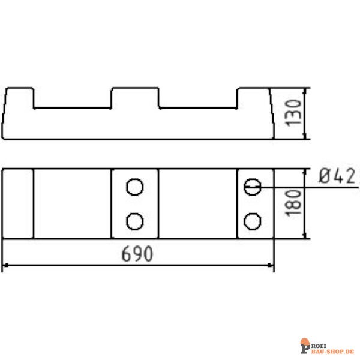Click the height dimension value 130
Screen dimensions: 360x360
point(292,113)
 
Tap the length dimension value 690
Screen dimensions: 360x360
point(137,254)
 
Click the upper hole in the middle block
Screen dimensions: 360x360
point(135,187)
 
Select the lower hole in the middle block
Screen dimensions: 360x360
point(135,221)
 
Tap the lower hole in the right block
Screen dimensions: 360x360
point(253,221)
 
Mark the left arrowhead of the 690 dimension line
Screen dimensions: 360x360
point(6,265)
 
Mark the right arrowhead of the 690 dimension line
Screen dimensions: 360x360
point(271,265)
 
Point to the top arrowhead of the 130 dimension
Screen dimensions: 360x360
point(307,92)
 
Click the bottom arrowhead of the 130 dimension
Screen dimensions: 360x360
point(307,136)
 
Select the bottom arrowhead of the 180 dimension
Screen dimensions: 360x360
point(307,235)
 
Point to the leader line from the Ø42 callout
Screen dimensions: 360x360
point(282,187)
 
